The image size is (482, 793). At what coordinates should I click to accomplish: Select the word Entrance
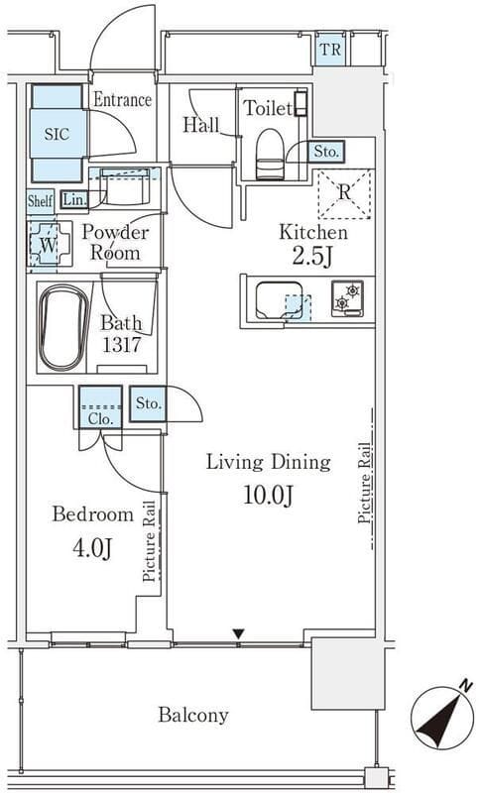pos(122,100)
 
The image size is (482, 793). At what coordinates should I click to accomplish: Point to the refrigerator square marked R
pos(343,192)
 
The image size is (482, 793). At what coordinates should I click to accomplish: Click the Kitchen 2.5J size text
pos(311,258)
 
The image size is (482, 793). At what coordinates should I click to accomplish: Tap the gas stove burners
pos(346,298)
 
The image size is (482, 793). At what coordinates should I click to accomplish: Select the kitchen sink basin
pos(279,299)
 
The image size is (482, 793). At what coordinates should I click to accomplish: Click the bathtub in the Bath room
pos(63,327)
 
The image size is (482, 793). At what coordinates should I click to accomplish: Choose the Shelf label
pos(41,199)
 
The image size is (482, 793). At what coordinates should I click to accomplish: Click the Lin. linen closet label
pos(73,199)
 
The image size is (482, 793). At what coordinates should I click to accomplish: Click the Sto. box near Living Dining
pos(148,404)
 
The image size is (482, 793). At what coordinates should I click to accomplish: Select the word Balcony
pos(193,715)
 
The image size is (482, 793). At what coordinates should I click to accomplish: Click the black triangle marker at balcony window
pos(238,633)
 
